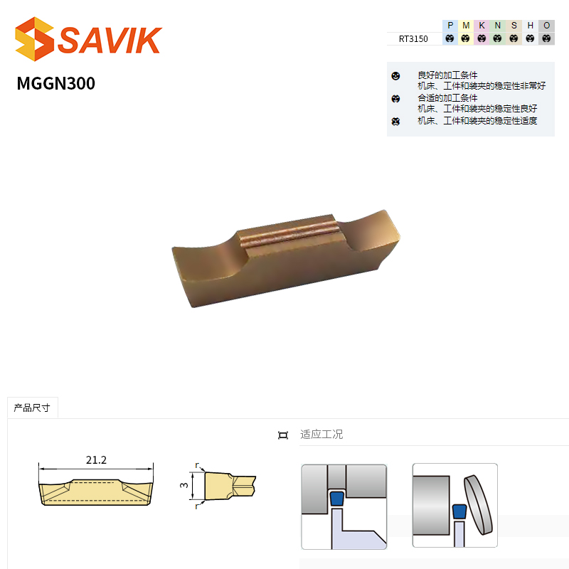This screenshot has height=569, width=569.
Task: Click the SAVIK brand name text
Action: point(110,40)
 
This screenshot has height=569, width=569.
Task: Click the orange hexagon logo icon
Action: point(34,39)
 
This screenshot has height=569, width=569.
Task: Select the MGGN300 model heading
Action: point(56,83)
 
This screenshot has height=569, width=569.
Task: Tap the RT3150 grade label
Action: point(413,39)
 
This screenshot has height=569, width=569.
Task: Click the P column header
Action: point(450,26)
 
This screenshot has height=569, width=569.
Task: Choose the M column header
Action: point(466,26)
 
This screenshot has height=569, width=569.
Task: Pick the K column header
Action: point(482,26)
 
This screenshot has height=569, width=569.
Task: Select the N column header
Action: point(498,26)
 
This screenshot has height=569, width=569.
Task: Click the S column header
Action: point(514,26)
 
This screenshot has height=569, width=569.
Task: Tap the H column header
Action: point(530,26)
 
